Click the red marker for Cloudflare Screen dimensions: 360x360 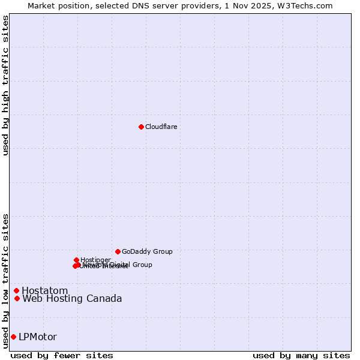click(141, 127)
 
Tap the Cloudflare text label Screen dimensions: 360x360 click(161, 127)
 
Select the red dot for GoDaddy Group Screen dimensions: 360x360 click(118, 251)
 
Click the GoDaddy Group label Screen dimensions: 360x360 click(147, 251)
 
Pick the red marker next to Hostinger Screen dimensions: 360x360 click(77, 260)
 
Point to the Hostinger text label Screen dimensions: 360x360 click(96, 260)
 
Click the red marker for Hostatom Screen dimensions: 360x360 click(16, 291)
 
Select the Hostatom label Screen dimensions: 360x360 click(45, 291)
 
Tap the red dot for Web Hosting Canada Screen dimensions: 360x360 click(17, 298)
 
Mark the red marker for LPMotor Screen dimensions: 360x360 click(13, 337)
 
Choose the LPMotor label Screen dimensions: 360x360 click(38, 337)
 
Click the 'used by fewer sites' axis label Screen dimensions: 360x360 click(62, 355)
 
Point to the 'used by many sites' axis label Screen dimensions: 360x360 click(301, 355)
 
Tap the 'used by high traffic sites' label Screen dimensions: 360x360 click(6, 85)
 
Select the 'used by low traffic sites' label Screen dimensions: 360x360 click(6, 280)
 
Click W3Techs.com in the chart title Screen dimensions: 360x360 click(305, 5)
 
